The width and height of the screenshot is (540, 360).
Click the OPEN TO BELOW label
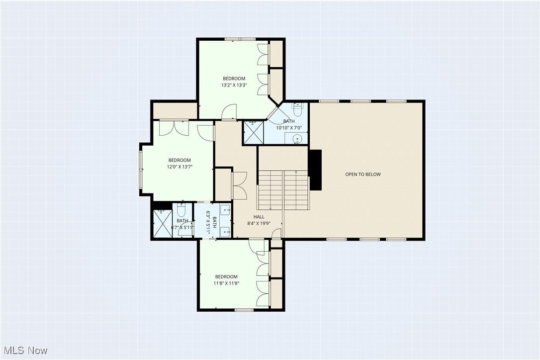(363, 174)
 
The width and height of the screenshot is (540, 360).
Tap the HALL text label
(259, 217)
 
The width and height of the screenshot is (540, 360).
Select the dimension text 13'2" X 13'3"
(234, 85)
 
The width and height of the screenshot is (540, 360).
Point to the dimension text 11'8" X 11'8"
(226, 283)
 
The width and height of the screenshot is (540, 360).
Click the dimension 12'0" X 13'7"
(180, 167)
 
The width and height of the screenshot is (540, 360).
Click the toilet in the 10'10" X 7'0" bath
(297, 108)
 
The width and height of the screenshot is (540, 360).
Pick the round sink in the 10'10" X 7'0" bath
(297, 139)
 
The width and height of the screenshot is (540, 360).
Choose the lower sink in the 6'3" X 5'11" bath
(225, 230)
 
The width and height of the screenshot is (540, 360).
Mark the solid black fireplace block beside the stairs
(315, 170)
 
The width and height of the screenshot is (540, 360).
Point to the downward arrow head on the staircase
(270, 208)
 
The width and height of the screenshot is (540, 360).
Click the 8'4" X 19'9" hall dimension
(259, 224)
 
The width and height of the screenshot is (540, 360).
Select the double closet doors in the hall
(239, 185)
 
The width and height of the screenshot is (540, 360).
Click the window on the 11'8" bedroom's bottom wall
(244, 310)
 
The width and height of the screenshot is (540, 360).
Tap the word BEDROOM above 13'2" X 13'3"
(234, 79)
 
